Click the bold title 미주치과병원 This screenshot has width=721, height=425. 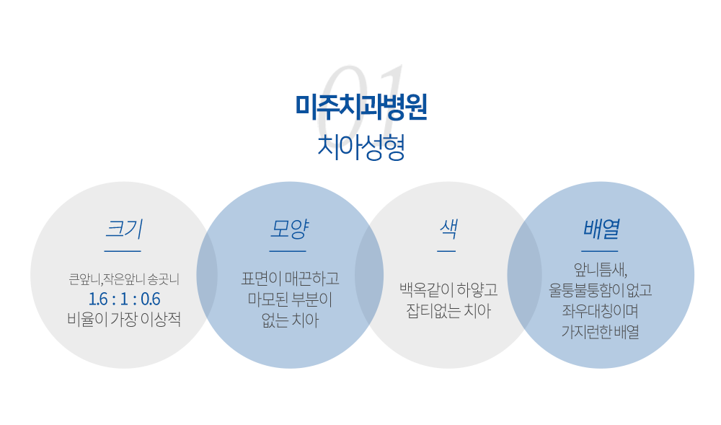click(x=361, y=107)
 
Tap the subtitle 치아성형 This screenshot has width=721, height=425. click(x=361, y=147)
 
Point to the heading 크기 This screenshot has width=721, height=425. click(x=124, y=229)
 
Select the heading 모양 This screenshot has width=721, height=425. click(x=288, y=229)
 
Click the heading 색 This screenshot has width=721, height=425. click(x=448, y=229)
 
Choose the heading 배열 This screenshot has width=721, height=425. click(x=601, y=229)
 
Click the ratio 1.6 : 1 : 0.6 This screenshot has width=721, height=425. click(x=124, y=299)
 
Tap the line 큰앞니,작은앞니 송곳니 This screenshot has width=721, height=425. click(x=124, y=279)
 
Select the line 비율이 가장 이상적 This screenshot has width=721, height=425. click(x=124, y=319)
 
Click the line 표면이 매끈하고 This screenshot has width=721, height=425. click(x=290, y=279)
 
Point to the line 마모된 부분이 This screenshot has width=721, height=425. click(x=290, y=299)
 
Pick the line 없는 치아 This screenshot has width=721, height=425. click(x=290, y=320)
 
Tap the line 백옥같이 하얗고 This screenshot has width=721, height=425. click(x=448, y=290)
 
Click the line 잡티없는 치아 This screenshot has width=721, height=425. click(x=448, y=311)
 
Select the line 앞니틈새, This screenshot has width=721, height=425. click(x=601, y=270)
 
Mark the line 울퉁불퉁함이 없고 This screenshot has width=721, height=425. click(x=601, y=290)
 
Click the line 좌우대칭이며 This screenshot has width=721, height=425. click(x=601, y=311)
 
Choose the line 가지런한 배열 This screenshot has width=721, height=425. click(x=601, y=332)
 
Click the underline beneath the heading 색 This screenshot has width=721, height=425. click(x=446, y=251)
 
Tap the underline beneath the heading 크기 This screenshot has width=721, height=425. click(x=123, y=251)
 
